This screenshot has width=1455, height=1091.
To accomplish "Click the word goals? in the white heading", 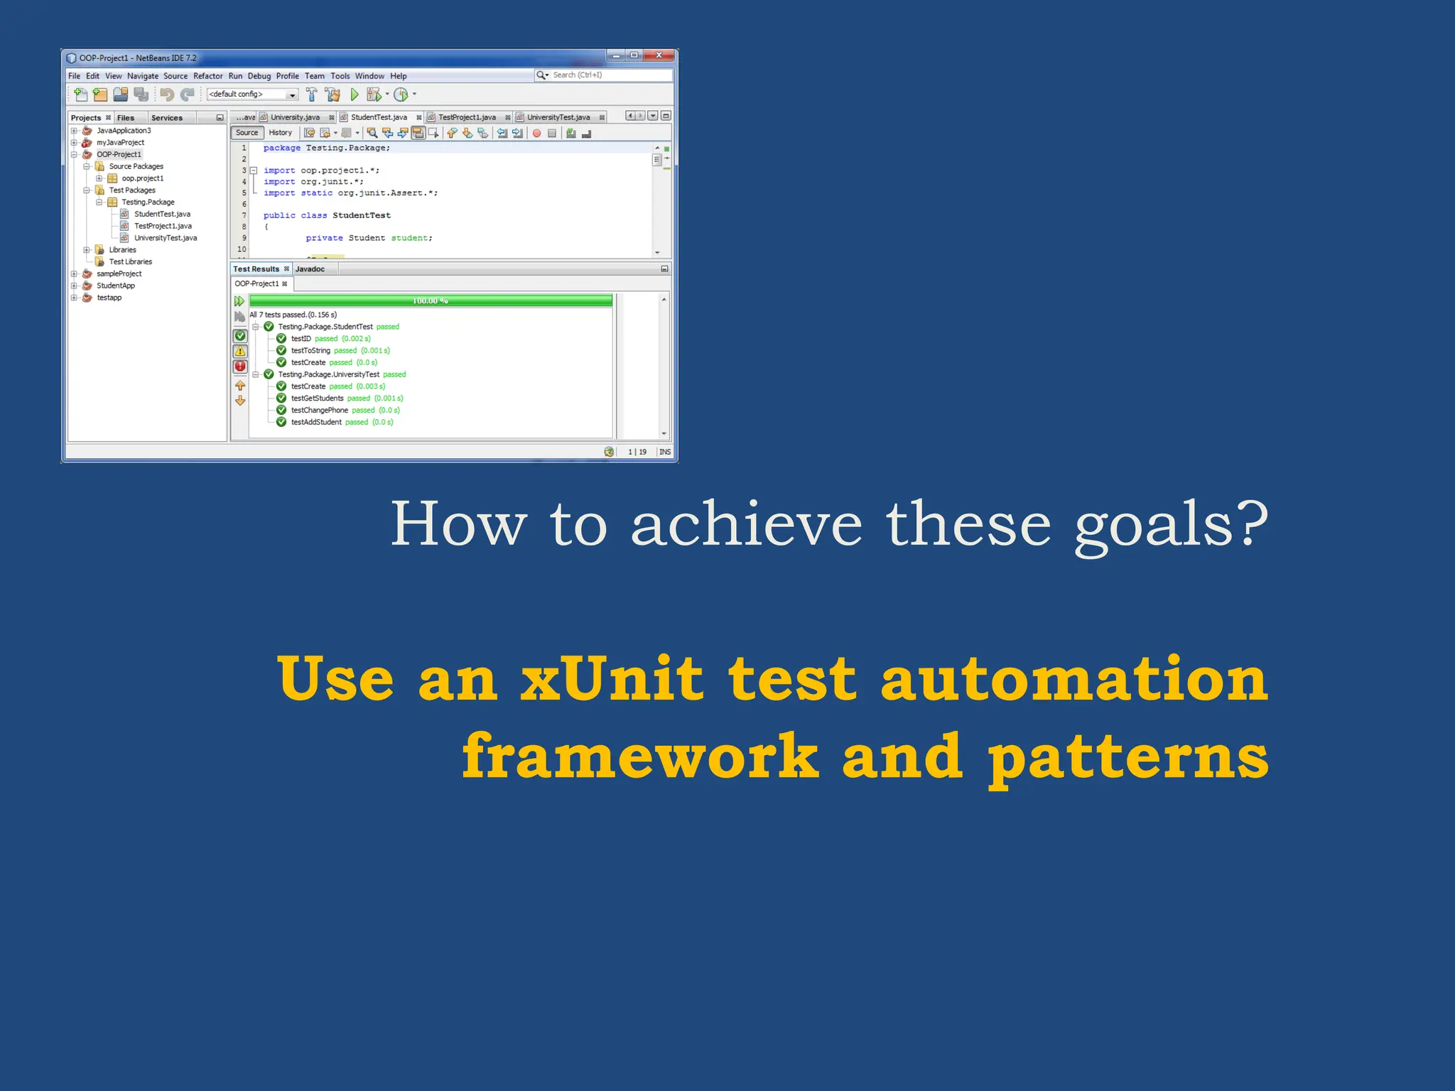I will click(1170, 526).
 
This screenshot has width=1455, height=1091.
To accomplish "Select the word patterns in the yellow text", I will click(1127, 758).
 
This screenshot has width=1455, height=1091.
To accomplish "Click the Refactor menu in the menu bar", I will click(207, 76).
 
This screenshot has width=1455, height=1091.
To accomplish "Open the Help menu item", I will click(398, 76).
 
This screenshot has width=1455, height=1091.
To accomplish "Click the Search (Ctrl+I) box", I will click(604, 75).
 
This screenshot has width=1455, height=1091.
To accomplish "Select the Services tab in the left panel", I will click(167, 118).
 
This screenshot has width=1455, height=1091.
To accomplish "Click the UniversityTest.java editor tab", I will click(558, 117).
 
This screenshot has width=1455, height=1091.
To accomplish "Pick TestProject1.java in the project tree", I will click(163, 226).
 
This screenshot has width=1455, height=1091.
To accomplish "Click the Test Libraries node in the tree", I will click(130, 261).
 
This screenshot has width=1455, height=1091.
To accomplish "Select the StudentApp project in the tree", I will click(115, 286).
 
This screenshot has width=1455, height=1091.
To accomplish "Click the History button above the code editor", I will click(280, 133).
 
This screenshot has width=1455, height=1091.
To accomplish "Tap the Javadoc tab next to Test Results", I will click(310, 269).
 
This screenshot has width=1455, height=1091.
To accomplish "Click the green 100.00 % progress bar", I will click(431, 300).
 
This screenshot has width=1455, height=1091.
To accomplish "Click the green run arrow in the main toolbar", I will click(355, 94).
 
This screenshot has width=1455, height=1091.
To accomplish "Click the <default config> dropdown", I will click(251, 94).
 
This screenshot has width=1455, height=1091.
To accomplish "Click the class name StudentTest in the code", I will click(361, 215).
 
